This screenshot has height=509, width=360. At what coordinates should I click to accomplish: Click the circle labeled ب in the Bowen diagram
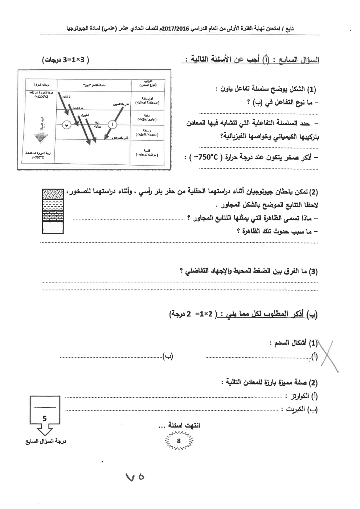[x=66, y=125]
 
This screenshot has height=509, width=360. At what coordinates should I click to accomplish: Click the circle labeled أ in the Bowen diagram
[x=113, y=125]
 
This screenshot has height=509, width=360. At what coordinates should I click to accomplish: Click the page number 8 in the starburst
[x=179, y=441]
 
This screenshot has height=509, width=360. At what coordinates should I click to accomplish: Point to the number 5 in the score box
[x=45, y=418]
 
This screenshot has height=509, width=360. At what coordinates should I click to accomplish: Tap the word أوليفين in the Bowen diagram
[x=66, y=97]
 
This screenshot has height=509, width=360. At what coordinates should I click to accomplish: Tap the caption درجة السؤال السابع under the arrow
[x=45, y=441]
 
